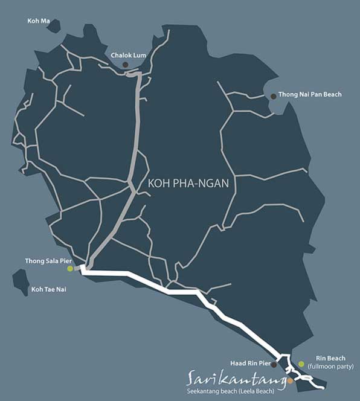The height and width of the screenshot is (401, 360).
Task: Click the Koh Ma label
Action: (37, 21)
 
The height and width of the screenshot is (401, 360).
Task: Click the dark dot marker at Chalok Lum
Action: (126, 65)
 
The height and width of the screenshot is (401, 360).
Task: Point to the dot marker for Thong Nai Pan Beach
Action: (273, 95)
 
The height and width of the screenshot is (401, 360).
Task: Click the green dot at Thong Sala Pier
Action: (69, 269)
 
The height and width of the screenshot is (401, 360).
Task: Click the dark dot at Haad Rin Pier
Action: (274, 365)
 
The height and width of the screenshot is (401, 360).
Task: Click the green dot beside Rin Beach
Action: (301, 364)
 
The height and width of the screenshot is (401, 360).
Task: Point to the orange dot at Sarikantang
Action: (290, 381)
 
